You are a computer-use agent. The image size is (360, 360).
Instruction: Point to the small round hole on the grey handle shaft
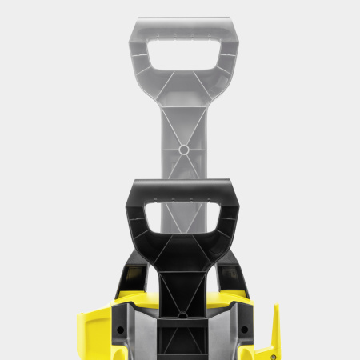tap(183, 150)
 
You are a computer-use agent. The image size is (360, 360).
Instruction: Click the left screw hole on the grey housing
tap(120, 329)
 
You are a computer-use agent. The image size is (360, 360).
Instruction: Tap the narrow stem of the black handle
tap(183, 280)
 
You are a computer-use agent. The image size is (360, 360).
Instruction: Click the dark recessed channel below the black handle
tap(182, 340)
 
